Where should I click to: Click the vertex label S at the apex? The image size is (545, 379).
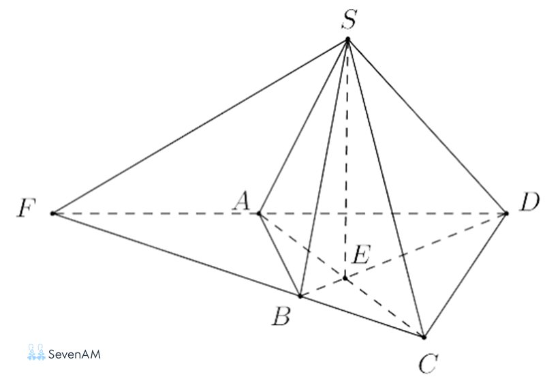349,20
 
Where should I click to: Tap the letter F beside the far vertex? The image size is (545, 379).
27,209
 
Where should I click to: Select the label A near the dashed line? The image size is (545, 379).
242,201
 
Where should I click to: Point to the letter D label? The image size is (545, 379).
529,202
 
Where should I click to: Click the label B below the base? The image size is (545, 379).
281,317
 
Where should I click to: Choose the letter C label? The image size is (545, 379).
429,364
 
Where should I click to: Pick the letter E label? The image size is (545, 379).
362,254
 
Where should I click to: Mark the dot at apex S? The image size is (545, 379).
347,39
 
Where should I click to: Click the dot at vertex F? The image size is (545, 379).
53,213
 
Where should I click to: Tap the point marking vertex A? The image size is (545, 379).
259,213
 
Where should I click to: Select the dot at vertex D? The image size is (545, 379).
506,213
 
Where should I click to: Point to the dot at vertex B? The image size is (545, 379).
300,297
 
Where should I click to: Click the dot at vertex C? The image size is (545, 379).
424,337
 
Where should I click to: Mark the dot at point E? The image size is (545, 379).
345,278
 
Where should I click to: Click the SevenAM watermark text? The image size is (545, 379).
74,354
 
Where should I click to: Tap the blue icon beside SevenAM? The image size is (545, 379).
37,352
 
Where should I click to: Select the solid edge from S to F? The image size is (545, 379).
200,126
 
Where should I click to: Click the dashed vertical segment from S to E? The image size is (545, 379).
347,159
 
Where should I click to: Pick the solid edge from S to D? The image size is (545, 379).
427,126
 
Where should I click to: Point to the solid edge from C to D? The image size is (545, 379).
465,275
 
